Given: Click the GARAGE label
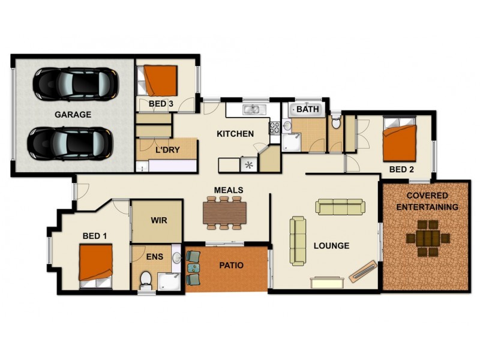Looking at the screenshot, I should (x=73, y=115).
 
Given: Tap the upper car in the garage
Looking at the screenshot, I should (x=74, y=83).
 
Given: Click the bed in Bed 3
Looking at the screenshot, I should (x=160, y=80).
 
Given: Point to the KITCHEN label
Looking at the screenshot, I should (x=235, y=134).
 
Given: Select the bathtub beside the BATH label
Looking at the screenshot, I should (x=307, y=110).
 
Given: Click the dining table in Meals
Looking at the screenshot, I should (x=224, y=211).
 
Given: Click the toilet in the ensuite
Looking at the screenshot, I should (x=145, y=280).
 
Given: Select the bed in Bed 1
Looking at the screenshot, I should (x=96, y=264).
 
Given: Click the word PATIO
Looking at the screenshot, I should (x=231, y=265).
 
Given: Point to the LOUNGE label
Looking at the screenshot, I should (x=331, y=245).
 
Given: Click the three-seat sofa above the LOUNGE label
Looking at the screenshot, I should (x=340, y=208).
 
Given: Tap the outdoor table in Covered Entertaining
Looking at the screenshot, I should (x=428, y=238).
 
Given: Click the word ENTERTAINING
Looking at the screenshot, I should (x=427, y=207).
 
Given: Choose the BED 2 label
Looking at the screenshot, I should (x=401, y=170).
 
